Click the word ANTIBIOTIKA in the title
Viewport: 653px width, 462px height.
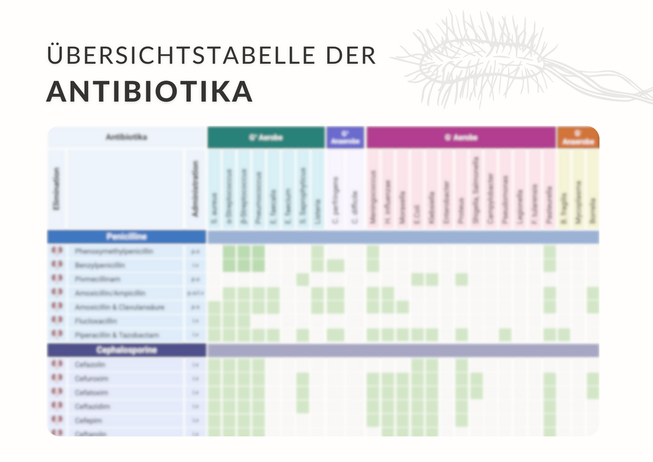pyautogui.click(x=149, y=92)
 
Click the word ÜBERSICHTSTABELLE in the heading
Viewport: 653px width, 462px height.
pyautogui.click(x=180, y=56)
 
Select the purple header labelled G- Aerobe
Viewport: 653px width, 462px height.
pyautogui.click(x=460, y=137)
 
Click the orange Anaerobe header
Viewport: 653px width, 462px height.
pyautogui.click(x=578, y=137)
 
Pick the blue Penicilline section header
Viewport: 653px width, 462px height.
pyautogui.click(x=127, y=237)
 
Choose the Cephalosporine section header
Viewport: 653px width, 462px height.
pyautogui.click(x=127, y=350)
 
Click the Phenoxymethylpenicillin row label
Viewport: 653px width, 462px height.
pyautogui.click(x=114, y=251)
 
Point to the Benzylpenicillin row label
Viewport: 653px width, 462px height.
pyautogui.click(x=100, y=265)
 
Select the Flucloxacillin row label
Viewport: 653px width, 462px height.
pyautogui.click(x=96, y=321)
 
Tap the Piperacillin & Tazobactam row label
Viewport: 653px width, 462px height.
pyautogui.click(x=117, y=335)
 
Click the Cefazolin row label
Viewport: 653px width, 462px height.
pyautogui.click(x=90, y=364)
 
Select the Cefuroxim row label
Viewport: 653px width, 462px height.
pyautogui.click(x=91, y=378)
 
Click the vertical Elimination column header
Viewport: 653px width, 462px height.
pyautogui.click(x=56, y=189)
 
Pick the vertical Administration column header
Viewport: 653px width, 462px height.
pyautogui.click(x=195, y=189)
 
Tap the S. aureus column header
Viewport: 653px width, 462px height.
pyautogui.click(x=214, y=208)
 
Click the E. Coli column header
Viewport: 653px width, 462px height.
pyautogui.click(x=417, y=214)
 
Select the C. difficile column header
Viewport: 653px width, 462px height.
pyautogui.click(x=355, y=207)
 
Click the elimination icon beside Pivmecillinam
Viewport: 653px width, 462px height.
pyautogui.click(x=57, y=278)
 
